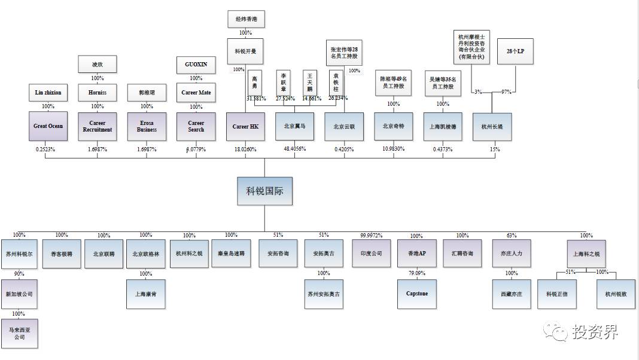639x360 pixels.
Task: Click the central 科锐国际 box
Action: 264,191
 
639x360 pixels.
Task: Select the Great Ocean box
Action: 48,126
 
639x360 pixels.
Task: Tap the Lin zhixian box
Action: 48,93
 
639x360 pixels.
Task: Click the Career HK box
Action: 245,126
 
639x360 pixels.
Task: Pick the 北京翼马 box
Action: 294,126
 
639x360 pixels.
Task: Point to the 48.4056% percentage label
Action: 294,149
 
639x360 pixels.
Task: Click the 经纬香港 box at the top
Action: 245,19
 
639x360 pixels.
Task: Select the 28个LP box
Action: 515,52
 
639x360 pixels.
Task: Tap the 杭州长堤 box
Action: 492,126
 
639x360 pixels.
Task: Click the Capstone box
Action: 416,294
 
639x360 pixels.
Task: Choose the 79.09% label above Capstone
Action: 416,273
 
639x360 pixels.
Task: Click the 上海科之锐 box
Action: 586,254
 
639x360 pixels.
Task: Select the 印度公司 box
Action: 372,254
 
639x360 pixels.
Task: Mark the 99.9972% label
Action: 372,235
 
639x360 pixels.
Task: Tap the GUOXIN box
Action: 196,64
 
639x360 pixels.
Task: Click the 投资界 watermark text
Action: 594,331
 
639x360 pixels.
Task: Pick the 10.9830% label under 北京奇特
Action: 394,149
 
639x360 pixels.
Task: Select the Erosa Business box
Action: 147,126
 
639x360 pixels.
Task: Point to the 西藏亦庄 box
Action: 512,294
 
